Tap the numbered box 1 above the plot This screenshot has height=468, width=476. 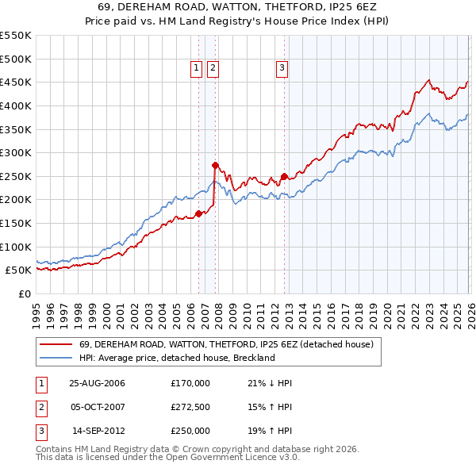click(196, 69)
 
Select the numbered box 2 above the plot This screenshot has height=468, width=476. click(213, 69)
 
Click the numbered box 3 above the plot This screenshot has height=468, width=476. click(282, 69)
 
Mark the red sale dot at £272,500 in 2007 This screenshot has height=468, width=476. click(215, 165)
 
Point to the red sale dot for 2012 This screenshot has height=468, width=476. click(284, 176)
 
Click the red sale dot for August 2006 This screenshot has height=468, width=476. click(199, 213)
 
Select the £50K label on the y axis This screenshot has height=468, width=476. click(18, 270)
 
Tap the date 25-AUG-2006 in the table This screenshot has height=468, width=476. click(97, 383)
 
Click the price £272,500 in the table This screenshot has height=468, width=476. click(190, 407)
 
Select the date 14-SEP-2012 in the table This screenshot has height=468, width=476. click(97, 431)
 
